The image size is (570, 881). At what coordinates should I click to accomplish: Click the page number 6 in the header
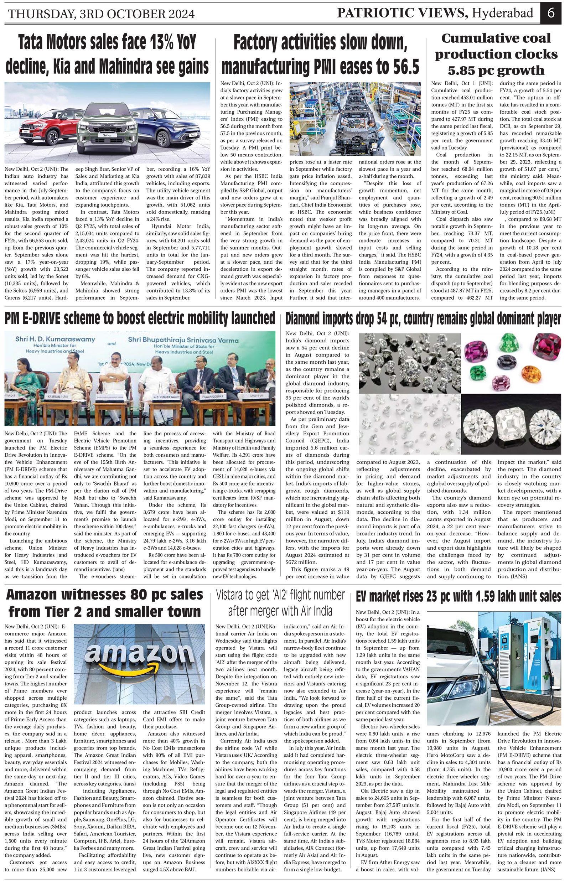pyautogui.click(x=551, y=13)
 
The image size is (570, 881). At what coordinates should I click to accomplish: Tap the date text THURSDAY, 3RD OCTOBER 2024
pyautogui.click(x=101, y=14)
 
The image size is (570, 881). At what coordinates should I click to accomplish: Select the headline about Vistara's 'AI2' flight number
pyautogui.click(x=280, y=603)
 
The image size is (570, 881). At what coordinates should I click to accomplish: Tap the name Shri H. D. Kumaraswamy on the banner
pyautogui.click(x=55, y=339)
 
